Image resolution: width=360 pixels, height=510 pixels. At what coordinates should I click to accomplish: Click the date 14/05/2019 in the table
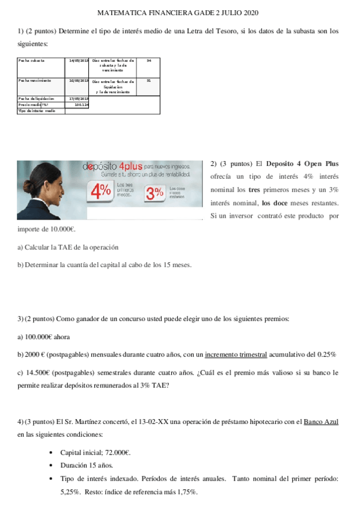click(x=79, y=60)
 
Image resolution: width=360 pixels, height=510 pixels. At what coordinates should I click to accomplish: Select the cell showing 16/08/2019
click(x=79, y=80)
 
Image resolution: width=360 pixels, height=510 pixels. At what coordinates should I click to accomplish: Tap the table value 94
click(x=149, y=60)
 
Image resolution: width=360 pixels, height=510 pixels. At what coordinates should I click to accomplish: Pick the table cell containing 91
click(x=149, y=80)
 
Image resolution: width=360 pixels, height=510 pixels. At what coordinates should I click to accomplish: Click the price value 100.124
click(x=81, y=105)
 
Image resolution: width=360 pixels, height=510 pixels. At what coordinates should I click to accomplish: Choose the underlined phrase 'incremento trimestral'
click(x=236, y=355)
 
